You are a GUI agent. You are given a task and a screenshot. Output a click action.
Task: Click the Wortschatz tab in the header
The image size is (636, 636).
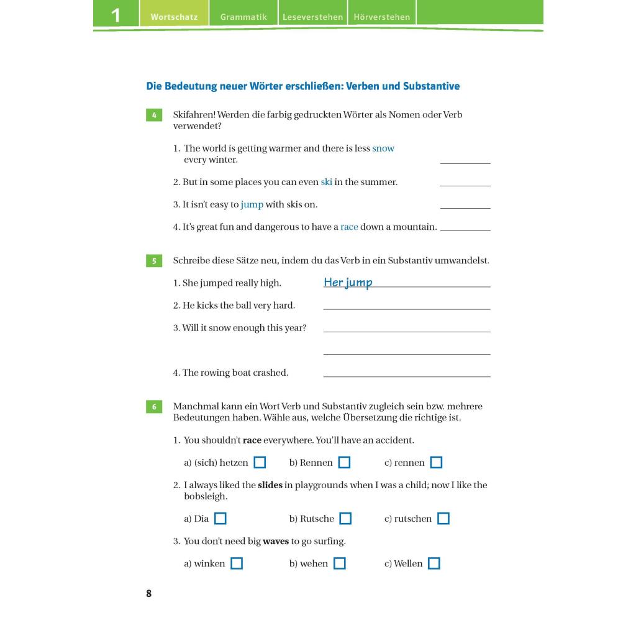tap(174, 17)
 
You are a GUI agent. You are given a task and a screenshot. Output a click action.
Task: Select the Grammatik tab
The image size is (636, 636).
tap(243, 17)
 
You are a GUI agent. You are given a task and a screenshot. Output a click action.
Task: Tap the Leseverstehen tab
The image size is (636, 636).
tap(312, 17)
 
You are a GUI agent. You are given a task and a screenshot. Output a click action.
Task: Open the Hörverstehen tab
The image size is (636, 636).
tap(382, 17)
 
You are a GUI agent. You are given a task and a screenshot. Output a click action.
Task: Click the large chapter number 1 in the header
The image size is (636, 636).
tap(116, 16)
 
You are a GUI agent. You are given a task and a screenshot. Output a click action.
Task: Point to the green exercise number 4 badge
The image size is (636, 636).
tap(153, 115)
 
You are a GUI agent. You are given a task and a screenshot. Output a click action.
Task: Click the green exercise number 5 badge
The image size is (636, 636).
tap(153, 261)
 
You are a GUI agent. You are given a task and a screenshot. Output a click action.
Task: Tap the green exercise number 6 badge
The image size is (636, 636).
tap(153, 407)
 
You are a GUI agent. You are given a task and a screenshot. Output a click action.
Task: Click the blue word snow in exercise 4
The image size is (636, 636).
tap(383, 148)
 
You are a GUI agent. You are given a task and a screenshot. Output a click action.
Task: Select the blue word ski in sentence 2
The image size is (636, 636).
tap(326, 182)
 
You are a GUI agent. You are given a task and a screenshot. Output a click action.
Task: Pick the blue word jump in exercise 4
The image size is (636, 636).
tap(252, 204)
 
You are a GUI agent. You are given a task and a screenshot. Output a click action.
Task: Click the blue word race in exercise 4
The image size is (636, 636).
tap(349, 227)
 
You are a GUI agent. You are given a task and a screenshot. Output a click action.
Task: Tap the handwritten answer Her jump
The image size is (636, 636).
tap(348, 283)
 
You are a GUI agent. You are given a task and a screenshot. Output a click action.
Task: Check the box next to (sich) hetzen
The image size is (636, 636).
tap(260, 463)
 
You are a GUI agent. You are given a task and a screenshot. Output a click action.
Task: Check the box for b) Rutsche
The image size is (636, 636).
tap(345, 519)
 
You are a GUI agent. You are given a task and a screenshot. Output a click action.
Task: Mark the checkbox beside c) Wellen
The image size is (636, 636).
tap(434, 563)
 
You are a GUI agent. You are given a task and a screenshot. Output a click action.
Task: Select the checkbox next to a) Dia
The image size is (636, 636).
tap(220, 519)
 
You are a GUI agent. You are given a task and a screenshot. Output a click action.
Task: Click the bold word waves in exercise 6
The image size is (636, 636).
tap(276, 541)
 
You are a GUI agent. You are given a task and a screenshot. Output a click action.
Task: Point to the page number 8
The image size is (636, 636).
tap(149, 593)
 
